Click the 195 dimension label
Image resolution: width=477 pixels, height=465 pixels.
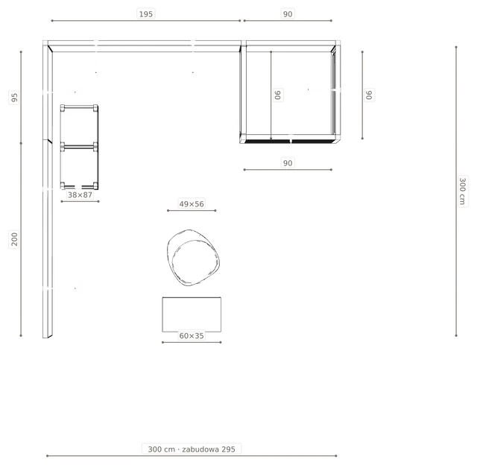point(146,14)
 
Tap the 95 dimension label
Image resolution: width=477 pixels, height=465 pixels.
point(14,98)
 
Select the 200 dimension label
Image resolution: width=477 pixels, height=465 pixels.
point(14,239)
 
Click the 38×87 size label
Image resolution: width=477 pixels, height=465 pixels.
point(80,194)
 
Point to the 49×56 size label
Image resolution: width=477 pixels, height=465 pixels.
point(192,203)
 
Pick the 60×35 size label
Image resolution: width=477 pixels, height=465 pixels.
point(192,336)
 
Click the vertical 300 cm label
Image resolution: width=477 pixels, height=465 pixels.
point(462,191)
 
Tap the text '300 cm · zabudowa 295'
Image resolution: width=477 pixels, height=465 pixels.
point(192,449)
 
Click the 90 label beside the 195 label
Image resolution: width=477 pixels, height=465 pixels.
point(288,14)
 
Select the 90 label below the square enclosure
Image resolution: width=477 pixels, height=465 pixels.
point(288,163)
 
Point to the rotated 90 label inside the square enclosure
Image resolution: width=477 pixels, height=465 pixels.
point(278,95)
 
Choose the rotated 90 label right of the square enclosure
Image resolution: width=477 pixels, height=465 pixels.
point(369,95)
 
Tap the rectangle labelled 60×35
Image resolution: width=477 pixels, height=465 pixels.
point(162,314)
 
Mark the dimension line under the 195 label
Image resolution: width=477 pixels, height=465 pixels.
point(146,21)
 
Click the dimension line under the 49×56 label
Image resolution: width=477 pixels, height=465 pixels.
point(192,210)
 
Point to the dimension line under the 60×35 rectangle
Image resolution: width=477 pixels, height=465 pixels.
point(192,343)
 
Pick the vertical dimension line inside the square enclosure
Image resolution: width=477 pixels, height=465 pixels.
point(271,95)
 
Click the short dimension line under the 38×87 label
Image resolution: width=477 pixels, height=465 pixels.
point(80,201)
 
